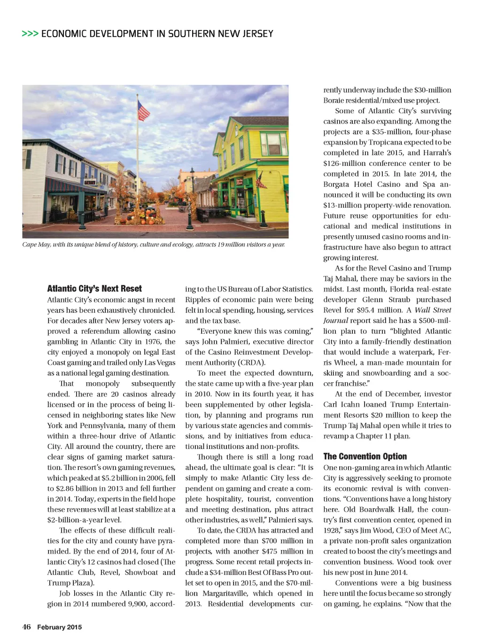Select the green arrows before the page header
coord(30,34)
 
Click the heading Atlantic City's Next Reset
coord(94,289)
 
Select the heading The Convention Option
coord(365,456)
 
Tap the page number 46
coord(27,627)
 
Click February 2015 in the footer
coord(60,627)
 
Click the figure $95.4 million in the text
coord(375,310)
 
